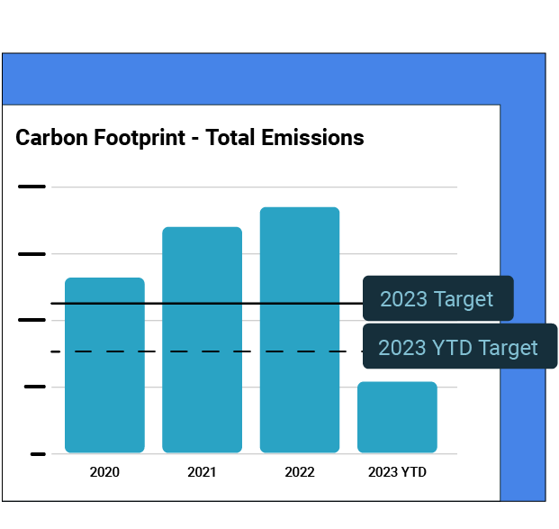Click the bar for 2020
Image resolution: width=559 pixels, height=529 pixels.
tap(104, 379)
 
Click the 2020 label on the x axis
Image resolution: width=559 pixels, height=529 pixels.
tap(104, 471)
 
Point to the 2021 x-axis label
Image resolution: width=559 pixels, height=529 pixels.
tap(202, 471)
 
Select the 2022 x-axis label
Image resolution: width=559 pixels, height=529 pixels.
tap(300, 471)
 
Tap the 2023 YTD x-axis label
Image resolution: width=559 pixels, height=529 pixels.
tap(397, 471)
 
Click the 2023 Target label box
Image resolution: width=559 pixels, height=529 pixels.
tap(437, 298)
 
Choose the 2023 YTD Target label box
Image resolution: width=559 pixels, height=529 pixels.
tap(459, 347)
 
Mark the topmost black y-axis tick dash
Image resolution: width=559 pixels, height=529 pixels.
tap(32, 187)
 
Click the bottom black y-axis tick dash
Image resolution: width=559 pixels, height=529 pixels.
tap(37, 453)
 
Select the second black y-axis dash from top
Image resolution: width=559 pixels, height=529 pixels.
tap(32, 254)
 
